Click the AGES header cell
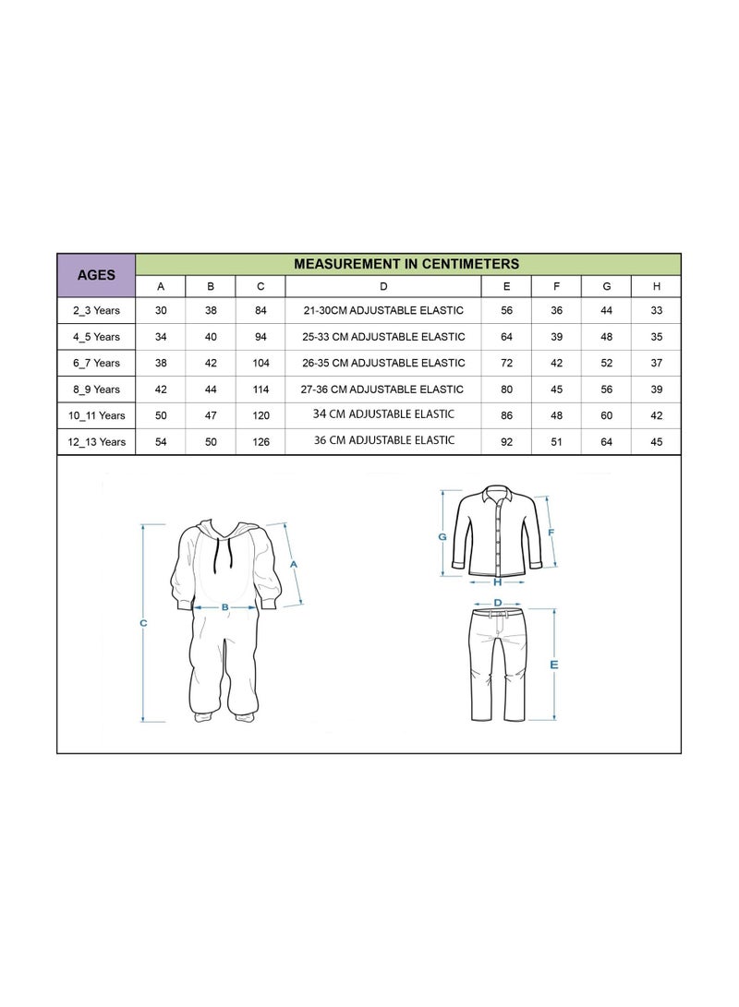pyautogui.click(x=96, y=275)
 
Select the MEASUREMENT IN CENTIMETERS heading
pyautogui.click(x=406, y=264)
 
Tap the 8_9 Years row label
pyautogui.click(x=96, y=390)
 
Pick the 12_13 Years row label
pyautogui.click(x=96, y=442)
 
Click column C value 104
pyautogui.click(x=260, y=363)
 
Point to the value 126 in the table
pyautogui.click(x=260, y=442)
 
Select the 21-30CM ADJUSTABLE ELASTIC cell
pyautogui.click(x=383, y=310)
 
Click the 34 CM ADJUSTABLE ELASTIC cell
pyautogui.click(x=383, y=414)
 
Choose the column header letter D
pyautogui.click(x=383, y=286)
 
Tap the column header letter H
pyautogui.click(x=656, y=286)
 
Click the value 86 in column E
pyautogui.click(x=506, y=415)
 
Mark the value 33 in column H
pyautogui.click(x=656, y=310)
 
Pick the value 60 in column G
pyautogui.click(x=606, y=415)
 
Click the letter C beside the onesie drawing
pyautogui.click(x=143, y=623)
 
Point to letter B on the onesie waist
pyautogui.click(x=224, y=607)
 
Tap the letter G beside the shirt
pyautogui.click(x=442, y=537)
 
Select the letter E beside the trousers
pyautogui.click(x=554, y=665)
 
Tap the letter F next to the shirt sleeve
pyautogui.click(x=551, y=533)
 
